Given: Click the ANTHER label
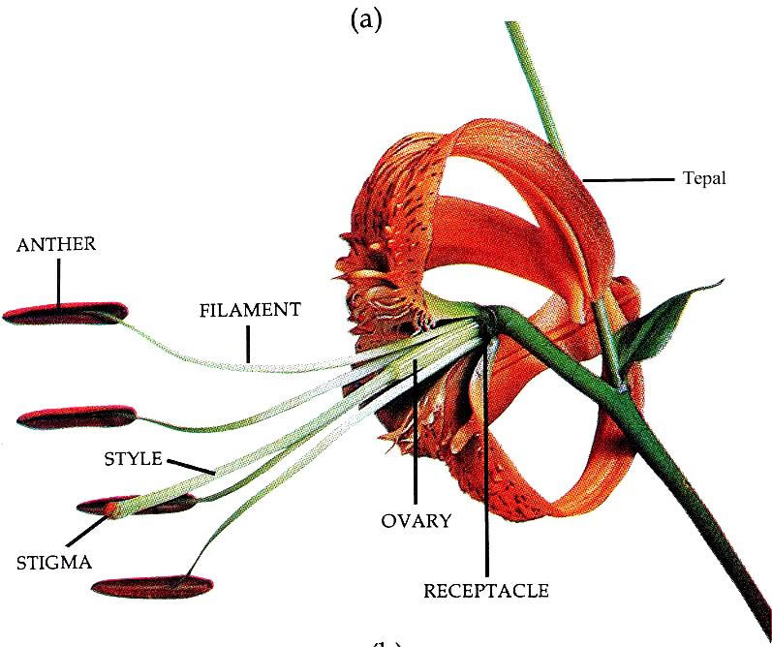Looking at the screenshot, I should (x=56, y=244).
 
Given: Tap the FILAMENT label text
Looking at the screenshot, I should (x=250, y=311).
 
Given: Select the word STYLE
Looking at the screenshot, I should (x=133, y=458).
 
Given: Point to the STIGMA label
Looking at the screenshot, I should (x=54, y=561).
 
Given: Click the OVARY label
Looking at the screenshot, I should (x=415, y=520).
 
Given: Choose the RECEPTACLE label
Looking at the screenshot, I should (x=486, y=589).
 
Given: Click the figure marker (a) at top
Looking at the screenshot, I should (x=366, y=20).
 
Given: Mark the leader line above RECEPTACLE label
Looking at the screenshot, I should (x=486, y=465).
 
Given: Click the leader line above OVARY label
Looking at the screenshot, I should (x=416, y=436).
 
